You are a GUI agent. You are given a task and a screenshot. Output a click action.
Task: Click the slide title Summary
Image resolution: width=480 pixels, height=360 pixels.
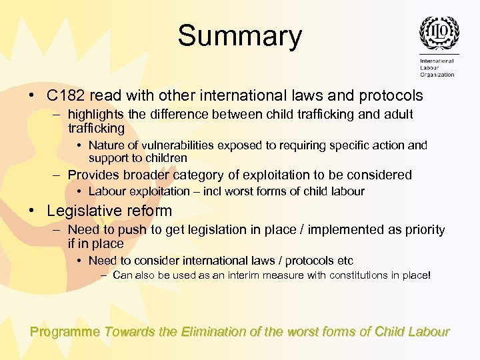(239, 36)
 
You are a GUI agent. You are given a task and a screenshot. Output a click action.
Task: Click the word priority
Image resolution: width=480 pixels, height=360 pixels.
(422, 229)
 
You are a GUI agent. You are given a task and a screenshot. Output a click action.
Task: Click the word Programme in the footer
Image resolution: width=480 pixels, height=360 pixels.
(65, 331)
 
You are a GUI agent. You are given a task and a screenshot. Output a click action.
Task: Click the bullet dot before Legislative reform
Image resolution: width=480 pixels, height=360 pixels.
(33, 211)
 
